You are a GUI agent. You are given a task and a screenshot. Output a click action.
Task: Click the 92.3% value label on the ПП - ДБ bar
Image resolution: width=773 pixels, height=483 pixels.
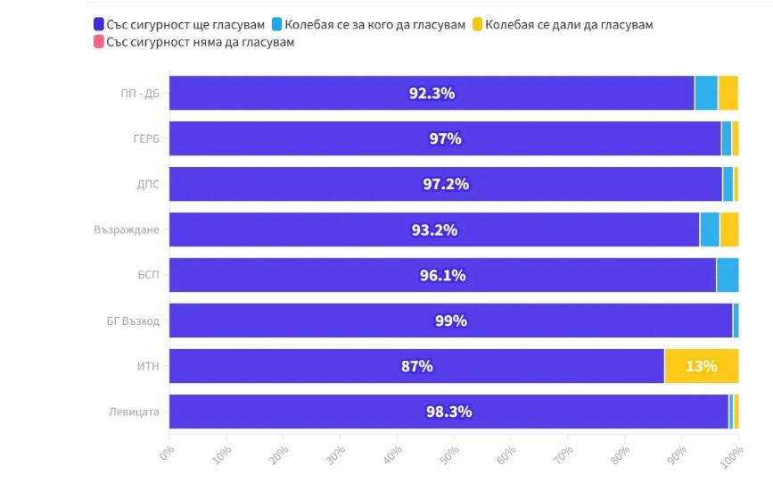point(432,93)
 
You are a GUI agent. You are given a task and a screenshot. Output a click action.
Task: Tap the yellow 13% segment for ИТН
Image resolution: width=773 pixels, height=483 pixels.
point(701,366)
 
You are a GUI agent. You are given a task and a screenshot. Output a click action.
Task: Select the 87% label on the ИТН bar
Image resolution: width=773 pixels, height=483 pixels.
point(417,366)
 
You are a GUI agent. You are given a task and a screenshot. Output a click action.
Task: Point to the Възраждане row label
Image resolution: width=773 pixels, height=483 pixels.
point(127,229)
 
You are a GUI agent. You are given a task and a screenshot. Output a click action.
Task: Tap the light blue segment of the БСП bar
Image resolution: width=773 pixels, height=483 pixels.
point(727,275)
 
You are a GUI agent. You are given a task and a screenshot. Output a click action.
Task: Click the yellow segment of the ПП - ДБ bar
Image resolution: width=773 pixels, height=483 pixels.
point(728,93)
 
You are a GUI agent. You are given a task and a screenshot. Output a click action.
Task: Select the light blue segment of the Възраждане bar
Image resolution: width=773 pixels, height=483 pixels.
point(709,229)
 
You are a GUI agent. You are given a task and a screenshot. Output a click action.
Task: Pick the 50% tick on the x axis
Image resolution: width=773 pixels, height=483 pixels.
point(452,456)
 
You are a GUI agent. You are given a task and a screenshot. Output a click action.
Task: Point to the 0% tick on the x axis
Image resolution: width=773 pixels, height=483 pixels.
point(169,456)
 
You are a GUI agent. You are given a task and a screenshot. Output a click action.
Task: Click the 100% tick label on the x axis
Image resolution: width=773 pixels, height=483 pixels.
point(732,458)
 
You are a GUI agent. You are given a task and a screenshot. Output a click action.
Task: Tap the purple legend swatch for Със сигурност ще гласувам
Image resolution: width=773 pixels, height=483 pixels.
point(98,25)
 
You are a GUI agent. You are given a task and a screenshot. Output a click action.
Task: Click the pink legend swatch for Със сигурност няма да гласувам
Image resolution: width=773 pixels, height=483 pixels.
point(98,42)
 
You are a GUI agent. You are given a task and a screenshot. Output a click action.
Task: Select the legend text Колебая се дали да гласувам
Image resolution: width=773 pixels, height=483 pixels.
point(569,25)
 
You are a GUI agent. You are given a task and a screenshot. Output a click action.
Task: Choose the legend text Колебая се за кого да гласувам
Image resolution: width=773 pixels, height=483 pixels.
point(374,25)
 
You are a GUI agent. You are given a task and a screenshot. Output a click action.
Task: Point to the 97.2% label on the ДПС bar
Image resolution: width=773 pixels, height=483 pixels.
point(446,184)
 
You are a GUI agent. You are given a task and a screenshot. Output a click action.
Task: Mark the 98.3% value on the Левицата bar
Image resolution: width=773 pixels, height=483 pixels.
point(448,412)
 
